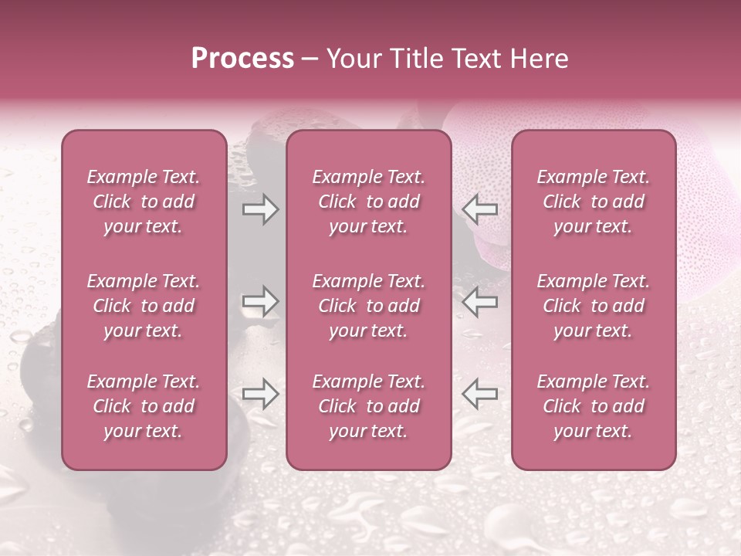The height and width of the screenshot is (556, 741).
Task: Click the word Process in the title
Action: (242, 59)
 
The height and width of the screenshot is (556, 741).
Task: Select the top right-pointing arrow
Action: (260, 209)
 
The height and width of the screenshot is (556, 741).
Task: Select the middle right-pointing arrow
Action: (260, 302)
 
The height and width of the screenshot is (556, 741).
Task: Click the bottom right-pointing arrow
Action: (260, 395)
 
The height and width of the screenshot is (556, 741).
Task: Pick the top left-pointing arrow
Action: (480, 209)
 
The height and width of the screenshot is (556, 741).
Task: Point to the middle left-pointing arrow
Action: (480, 302)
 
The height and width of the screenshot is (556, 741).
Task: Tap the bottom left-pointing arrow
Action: (480, 395)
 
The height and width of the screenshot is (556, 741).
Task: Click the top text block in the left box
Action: (144, 202)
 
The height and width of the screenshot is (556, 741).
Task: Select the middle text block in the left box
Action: (144, 306)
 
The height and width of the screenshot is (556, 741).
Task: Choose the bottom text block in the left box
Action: (144, 406)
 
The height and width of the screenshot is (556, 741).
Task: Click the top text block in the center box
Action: (368, 202)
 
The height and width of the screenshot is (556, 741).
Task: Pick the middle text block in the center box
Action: (368, 306)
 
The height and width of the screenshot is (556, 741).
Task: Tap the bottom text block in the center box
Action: (368, 406)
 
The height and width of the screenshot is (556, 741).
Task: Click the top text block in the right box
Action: (593, 202)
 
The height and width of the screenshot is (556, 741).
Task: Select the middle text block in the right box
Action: (593, 306)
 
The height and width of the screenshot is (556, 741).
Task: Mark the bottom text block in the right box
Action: (593, 406)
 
